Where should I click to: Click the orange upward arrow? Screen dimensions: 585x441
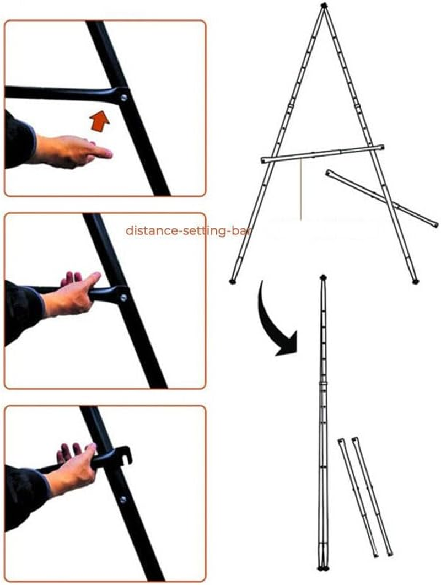(100, 120)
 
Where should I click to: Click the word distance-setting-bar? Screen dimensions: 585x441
(187, 230)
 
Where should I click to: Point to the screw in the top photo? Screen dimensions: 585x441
(124, 98)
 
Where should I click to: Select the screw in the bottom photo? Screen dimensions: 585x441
(122, 500)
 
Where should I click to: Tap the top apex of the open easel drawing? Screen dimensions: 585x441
(324, 6)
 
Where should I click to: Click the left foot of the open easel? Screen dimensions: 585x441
(232, 281)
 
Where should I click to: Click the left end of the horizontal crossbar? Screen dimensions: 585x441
(265, 160)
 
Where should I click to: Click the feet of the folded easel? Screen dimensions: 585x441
(322, 568)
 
